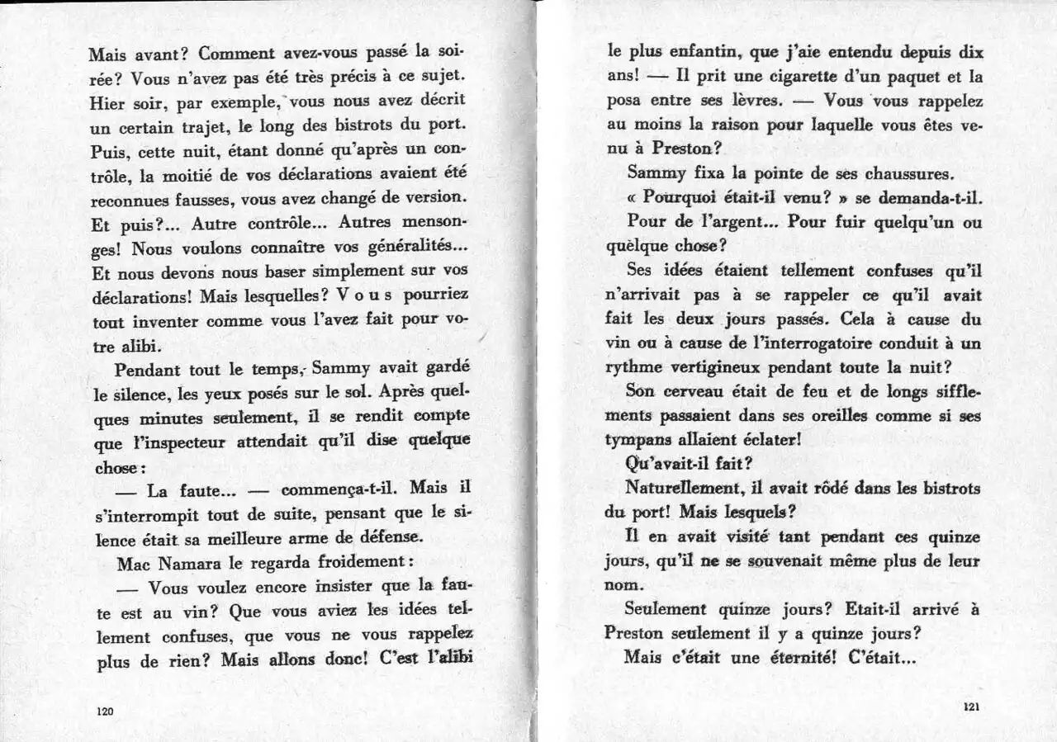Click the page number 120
click(x=105, y=711)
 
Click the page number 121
click(x=970, y=707)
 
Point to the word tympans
click(x=638, y=441)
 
